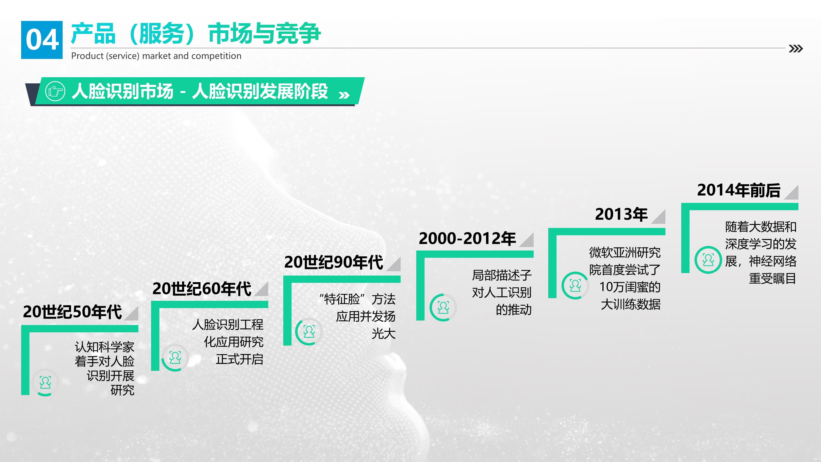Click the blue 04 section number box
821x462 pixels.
point(42,40)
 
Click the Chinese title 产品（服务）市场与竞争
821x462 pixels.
point(196,33)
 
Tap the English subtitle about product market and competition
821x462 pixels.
point(156,56)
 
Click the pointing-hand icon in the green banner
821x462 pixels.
point(55,92)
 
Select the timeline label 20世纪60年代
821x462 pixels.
point(202,288)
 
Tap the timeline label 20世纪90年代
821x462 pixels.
point(333,262)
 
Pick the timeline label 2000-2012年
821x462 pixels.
point(467,238)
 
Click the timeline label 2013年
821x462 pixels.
point(621,214)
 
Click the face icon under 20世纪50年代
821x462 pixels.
point(45,382)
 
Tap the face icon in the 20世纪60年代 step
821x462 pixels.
point(175,357)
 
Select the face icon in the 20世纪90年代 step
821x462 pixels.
point(309,332)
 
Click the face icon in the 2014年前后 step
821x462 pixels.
point(708,260)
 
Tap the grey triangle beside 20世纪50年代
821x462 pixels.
point(133,315)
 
